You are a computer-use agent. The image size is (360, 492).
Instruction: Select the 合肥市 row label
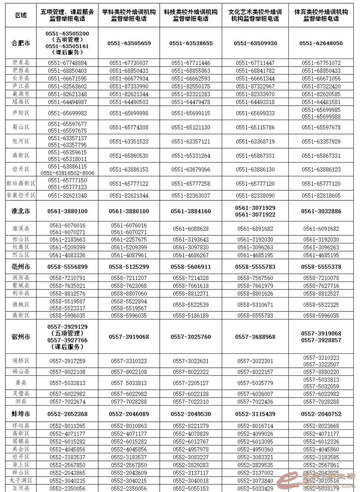(21, 43)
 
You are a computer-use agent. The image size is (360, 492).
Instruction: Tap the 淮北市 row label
(21, 211)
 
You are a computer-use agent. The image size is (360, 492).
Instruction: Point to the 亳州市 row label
(21, 267)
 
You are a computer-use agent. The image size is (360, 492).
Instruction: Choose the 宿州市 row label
(21, 337)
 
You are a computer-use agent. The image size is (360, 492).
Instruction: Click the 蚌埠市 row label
(21, 414)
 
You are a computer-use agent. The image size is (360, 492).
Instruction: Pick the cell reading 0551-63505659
(129, 43)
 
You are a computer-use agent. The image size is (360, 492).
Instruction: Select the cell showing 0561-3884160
(190, 211)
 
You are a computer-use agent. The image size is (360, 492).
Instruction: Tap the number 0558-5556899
(67, 267)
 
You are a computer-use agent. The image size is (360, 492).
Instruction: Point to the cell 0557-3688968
(255, 337)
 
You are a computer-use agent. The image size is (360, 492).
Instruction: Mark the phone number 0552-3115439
(255, 414)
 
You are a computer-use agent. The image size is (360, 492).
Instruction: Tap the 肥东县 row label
(21, 63)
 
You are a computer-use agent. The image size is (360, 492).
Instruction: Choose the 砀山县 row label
(21, 372)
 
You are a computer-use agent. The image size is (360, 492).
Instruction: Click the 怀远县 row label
(21, 426)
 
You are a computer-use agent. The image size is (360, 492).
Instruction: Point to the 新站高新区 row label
(21, 184)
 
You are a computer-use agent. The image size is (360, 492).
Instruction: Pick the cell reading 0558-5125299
(129, 267)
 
